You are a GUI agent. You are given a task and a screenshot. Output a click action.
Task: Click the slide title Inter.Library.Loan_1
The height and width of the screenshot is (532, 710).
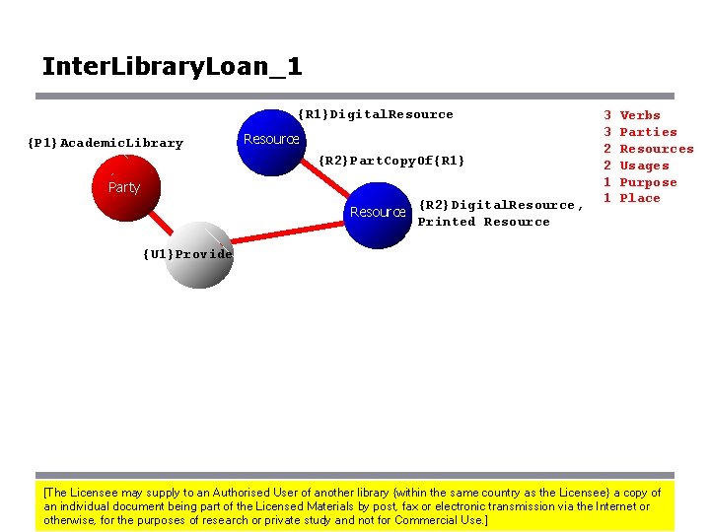coord(172,67)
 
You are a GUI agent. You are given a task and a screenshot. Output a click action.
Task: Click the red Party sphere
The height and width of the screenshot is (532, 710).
coord(124,186)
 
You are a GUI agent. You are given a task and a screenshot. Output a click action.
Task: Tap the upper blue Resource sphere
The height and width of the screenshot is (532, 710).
coord(272,140)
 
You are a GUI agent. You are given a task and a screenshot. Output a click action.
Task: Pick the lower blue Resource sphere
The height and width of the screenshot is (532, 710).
coord(378,212)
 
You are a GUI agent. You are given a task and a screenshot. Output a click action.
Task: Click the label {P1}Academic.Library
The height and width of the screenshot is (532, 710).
coord(106,143)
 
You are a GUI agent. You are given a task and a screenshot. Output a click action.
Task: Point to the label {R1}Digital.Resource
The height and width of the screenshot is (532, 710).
coord(376,114)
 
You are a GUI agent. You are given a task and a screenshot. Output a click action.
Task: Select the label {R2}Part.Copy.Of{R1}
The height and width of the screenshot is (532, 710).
coord(390,160)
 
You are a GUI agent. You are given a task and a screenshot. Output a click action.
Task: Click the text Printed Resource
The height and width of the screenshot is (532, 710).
coord(483,222)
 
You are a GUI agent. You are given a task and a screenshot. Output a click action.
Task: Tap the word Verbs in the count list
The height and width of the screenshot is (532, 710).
coord(640,115)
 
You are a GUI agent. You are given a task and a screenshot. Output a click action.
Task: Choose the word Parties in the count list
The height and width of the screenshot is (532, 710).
coord(648,132)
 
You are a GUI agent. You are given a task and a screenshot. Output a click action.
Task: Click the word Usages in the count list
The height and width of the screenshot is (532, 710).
coord(644,166)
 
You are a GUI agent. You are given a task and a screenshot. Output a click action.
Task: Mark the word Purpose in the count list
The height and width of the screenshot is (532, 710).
coord(648,182)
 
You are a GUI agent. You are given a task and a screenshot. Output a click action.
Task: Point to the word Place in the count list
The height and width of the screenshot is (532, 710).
coord(640,198)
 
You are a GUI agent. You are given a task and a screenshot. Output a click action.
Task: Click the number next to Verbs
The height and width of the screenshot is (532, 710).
coord(608,115)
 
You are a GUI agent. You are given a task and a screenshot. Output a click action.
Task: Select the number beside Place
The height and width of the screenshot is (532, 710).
coord(608,198)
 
